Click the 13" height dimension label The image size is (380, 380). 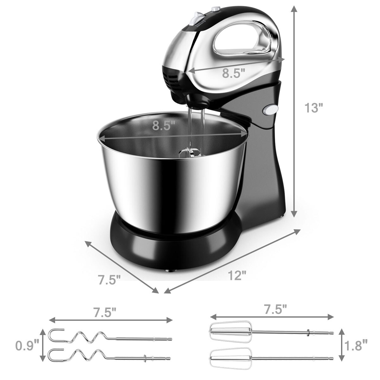313,108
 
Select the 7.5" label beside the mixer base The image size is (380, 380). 109,280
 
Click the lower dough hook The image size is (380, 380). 108,358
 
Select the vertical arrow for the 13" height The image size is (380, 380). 294,111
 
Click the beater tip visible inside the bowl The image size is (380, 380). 191,154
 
